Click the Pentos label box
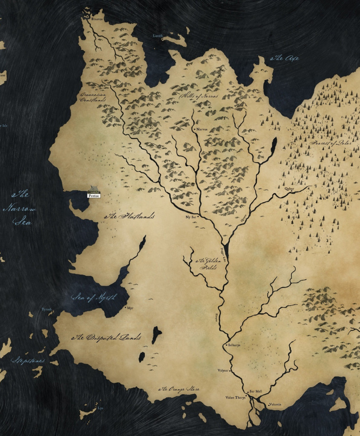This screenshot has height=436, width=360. pyautogui.click(x=93, y=196)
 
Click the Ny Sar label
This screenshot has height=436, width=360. pyautogui.click(x=190, y=217)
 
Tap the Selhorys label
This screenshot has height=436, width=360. pyautogui.click(x=235, y=344)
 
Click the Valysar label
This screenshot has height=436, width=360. pyautogui.click(x=223, y=371)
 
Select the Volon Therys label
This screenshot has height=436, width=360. pyautogui.click(x=235, y=398)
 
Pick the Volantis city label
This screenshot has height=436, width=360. pyautogui.click(x=276, y=404)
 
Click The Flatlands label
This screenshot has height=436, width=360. pyautogui.click(x=130, y=216)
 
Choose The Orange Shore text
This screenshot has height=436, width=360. pyautogui.click(x=179, y=389)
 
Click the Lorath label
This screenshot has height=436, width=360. pyautogui.click(x=158, y=36)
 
